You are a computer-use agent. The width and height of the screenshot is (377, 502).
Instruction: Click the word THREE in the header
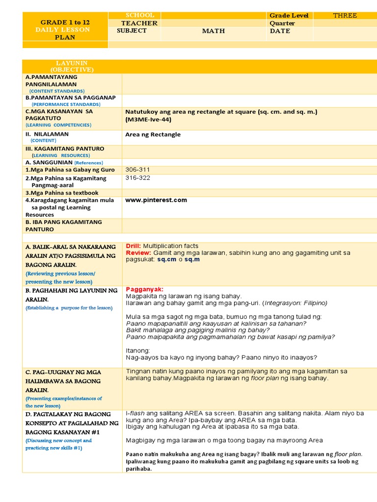pos(345,16)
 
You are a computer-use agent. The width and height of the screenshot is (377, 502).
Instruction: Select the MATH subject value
pos(214,31)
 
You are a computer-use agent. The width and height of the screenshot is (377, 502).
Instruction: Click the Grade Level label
pos(289,16)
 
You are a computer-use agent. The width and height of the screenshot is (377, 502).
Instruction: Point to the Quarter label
pos(282,23)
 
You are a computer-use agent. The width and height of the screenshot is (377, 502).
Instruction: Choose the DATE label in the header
pos(280,31)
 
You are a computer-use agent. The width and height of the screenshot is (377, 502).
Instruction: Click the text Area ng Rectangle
pos(153,134)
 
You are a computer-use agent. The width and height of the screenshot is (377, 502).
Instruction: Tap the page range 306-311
pos(138,170)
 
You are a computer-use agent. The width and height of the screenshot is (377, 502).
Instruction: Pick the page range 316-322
pos(138,177)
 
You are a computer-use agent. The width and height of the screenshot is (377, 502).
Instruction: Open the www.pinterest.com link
pos(156,200)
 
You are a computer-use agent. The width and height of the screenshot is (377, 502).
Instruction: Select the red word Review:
pos(138,252)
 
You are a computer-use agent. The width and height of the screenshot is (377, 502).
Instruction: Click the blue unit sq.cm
pos(166,259)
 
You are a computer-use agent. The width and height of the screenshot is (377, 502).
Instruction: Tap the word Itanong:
pos(138,351)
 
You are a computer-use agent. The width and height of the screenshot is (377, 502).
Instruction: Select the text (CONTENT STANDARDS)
pos(56,91)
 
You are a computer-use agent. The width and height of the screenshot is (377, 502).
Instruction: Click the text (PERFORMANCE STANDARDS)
pos(66,104)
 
